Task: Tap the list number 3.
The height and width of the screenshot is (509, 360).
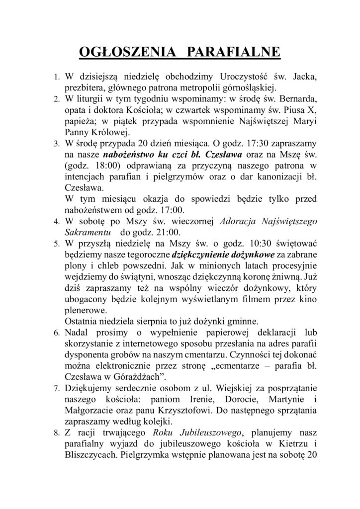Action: pos(57,144)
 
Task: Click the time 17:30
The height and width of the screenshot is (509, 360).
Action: pos(255,144)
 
